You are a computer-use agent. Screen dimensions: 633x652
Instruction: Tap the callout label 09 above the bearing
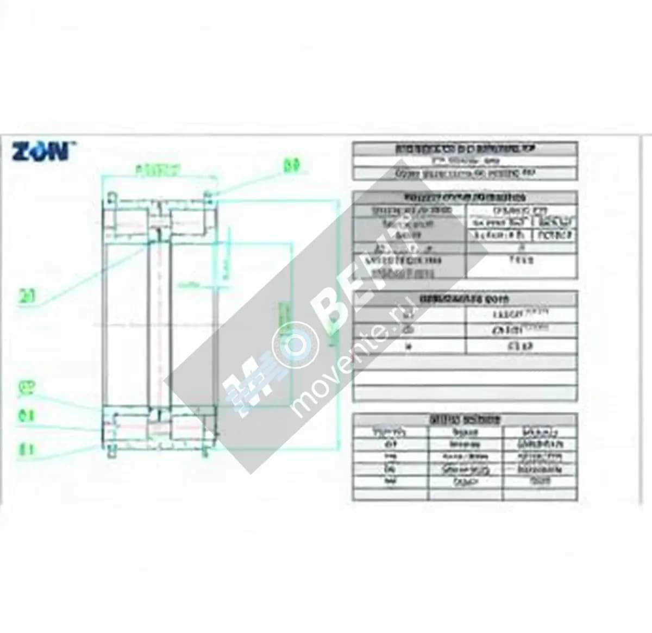(x=292, y=165)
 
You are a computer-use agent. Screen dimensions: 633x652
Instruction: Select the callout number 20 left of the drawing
(x=27, y=297)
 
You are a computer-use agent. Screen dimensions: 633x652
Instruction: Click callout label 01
(x=27, y=416)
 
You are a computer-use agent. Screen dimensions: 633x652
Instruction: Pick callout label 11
(x=27, y=449)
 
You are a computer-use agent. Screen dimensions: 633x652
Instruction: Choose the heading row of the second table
(x=465, y=197)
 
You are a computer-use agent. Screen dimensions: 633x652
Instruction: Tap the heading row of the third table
(x=465, y=299)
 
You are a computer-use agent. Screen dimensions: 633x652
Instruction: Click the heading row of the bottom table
(x=465, y=420)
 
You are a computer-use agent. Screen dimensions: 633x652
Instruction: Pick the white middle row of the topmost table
(x=465, y=161)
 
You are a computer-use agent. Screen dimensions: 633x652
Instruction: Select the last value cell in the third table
(x=521, y=346)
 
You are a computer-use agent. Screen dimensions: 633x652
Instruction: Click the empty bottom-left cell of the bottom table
(x=390, y=494)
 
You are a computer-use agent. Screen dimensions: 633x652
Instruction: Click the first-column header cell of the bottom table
(x=390, y=433)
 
